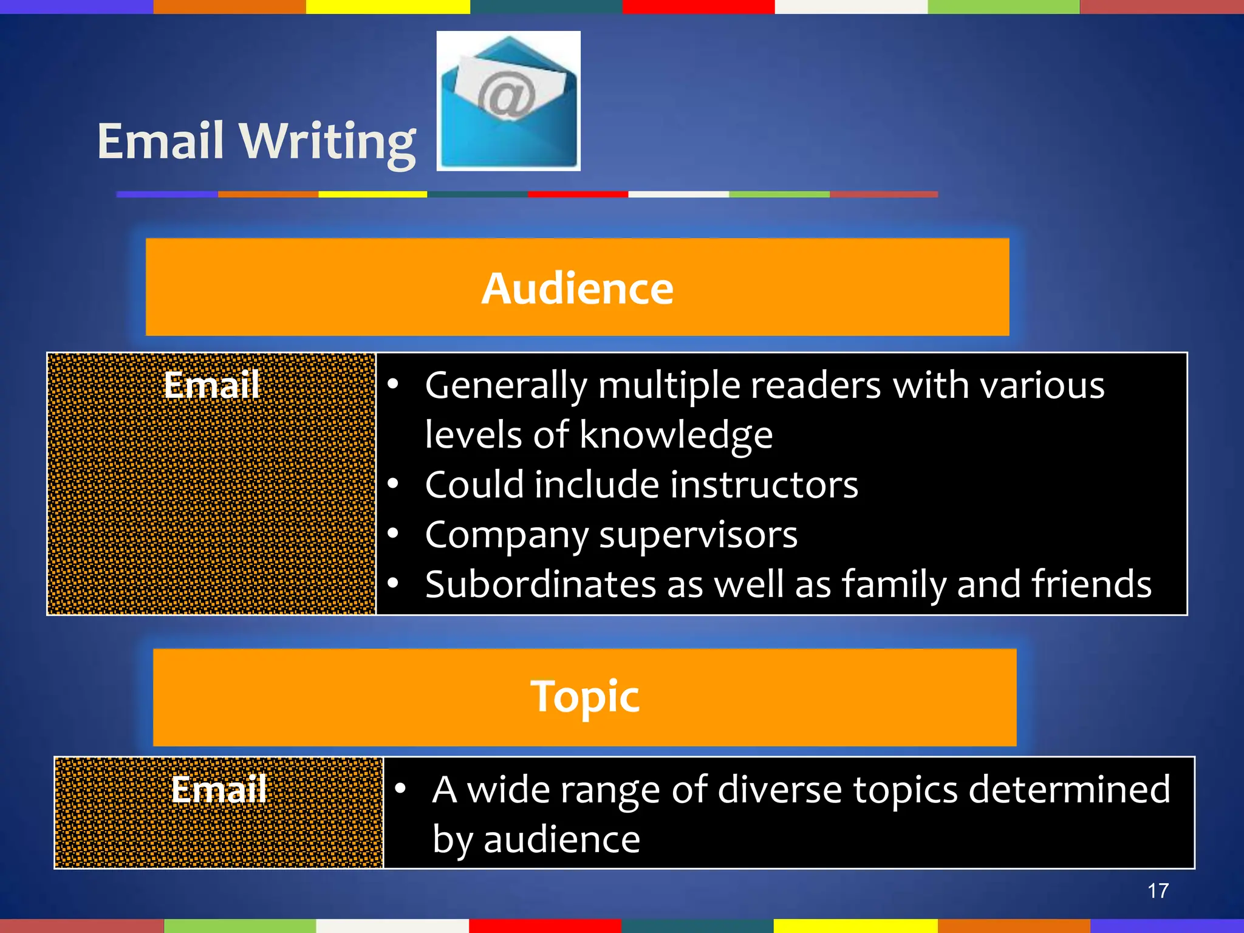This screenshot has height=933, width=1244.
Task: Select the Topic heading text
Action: (584, 696)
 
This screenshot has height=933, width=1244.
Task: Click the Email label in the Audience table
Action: (211, 384)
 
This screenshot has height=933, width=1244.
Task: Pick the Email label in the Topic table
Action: (219, 789)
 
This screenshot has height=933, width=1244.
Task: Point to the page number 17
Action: (1158, 890)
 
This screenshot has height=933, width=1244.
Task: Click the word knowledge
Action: (675, 435)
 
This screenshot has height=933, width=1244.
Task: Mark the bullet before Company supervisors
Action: (394, 533)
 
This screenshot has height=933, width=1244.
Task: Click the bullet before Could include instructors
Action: (394, 484)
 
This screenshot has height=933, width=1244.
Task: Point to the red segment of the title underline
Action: (577, 194)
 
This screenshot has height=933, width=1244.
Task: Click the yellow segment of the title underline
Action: (372, 194)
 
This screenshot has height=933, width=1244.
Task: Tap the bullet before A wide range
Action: (400, 788)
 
